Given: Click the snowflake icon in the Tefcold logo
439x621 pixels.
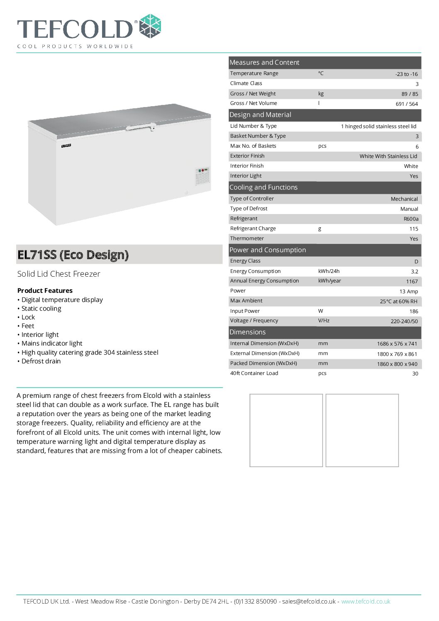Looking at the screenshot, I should point(150,27).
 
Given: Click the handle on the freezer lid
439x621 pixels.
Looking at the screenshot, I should point(141,127).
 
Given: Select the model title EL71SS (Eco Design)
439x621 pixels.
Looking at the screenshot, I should point(73,255).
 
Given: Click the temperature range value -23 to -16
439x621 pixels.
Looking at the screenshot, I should point(406,74).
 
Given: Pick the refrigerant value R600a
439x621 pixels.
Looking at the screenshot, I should point(411,219).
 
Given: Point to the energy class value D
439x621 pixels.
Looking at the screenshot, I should point(416,261).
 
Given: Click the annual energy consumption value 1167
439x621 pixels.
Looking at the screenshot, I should point(412,281).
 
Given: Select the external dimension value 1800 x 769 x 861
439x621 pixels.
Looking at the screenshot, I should point(397,354).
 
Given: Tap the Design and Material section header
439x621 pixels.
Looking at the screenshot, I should point(260,115).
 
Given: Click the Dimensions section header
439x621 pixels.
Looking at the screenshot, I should point(247,332).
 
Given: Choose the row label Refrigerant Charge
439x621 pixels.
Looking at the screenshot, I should point(253,229).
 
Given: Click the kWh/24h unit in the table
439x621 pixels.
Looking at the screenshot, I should point(329,271).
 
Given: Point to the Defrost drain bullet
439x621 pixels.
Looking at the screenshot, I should point(41,361).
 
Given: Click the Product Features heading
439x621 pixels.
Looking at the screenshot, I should point(45,290).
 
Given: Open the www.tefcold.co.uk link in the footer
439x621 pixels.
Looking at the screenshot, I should point(366,602).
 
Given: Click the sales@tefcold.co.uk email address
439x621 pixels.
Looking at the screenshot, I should point(309,602).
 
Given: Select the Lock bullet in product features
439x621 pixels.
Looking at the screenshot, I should point(28,317).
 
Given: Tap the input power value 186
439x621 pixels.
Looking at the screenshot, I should point(413,311).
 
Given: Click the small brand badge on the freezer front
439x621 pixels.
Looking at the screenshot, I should point(66,146).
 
